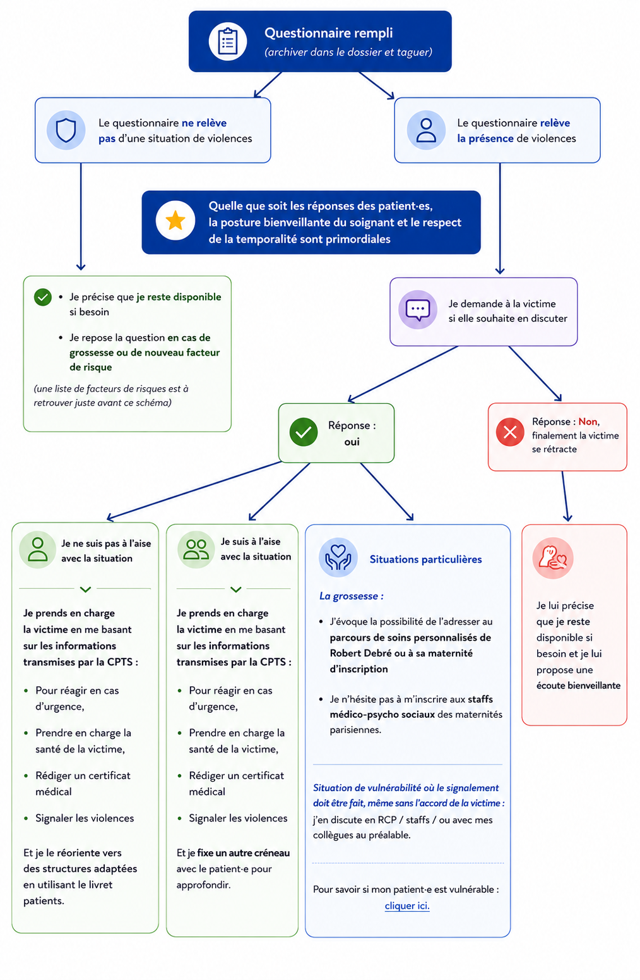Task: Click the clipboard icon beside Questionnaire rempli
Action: click(227, 42)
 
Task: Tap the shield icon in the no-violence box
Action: click(66, 130)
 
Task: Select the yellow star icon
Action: click(175, 221)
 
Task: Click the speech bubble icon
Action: click(417, 310)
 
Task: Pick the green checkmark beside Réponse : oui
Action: click(304, 432)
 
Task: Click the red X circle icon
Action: click(510, 432)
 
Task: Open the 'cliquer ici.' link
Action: click(407, 905)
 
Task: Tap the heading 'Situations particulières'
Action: click(426, 559)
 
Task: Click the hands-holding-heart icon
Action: click(338, 557)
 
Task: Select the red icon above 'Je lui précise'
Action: click(552, 559)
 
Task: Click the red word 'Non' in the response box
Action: click(588, 421)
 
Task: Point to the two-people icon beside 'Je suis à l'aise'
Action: click(196, 550)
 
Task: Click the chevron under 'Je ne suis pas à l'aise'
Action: click(86, 590)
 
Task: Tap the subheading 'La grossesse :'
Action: click(352, 596)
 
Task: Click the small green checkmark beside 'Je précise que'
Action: click(43, 298)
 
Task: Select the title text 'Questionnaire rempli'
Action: click(328, 33)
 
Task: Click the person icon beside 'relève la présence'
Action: click(426, 130)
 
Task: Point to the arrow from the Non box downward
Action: click(565, 496)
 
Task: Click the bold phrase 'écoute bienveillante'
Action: click(578, 685)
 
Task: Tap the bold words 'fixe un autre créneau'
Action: click(244, 853)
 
